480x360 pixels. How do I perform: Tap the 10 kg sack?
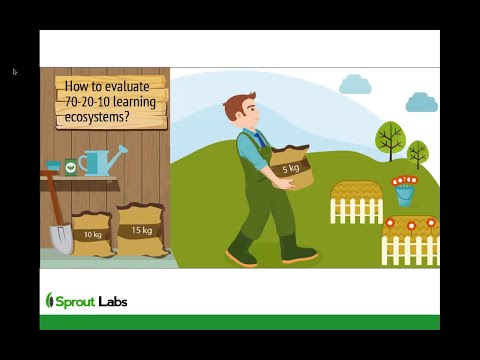(93, 234)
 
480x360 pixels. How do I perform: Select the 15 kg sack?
(141, 229)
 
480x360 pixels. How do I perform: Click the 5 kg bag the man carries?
(291, 167)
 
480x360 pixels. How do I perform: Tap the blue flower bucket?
(404, 193)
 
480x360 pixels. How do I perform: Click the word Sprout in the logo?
(75, 301)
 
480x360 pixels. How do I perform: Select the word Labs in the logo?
(113, 301)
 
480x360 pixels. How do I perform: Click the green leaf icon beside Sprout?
(50, 300)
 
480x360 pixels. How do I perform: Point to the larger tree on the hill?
(389, 137)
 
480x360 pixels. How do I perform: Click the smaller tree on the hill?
(418, 151)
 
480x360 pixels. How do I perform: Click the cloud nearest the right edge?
(421, 102)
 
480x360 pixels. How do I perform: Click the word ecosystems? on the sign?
(98, 116)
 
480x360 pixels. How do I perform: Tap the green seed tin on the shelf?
(71, 167)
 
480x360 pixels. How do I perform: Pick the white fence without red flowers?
(356, 209)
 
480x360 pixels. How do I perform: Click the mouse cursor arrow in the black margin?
(15, 72)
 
